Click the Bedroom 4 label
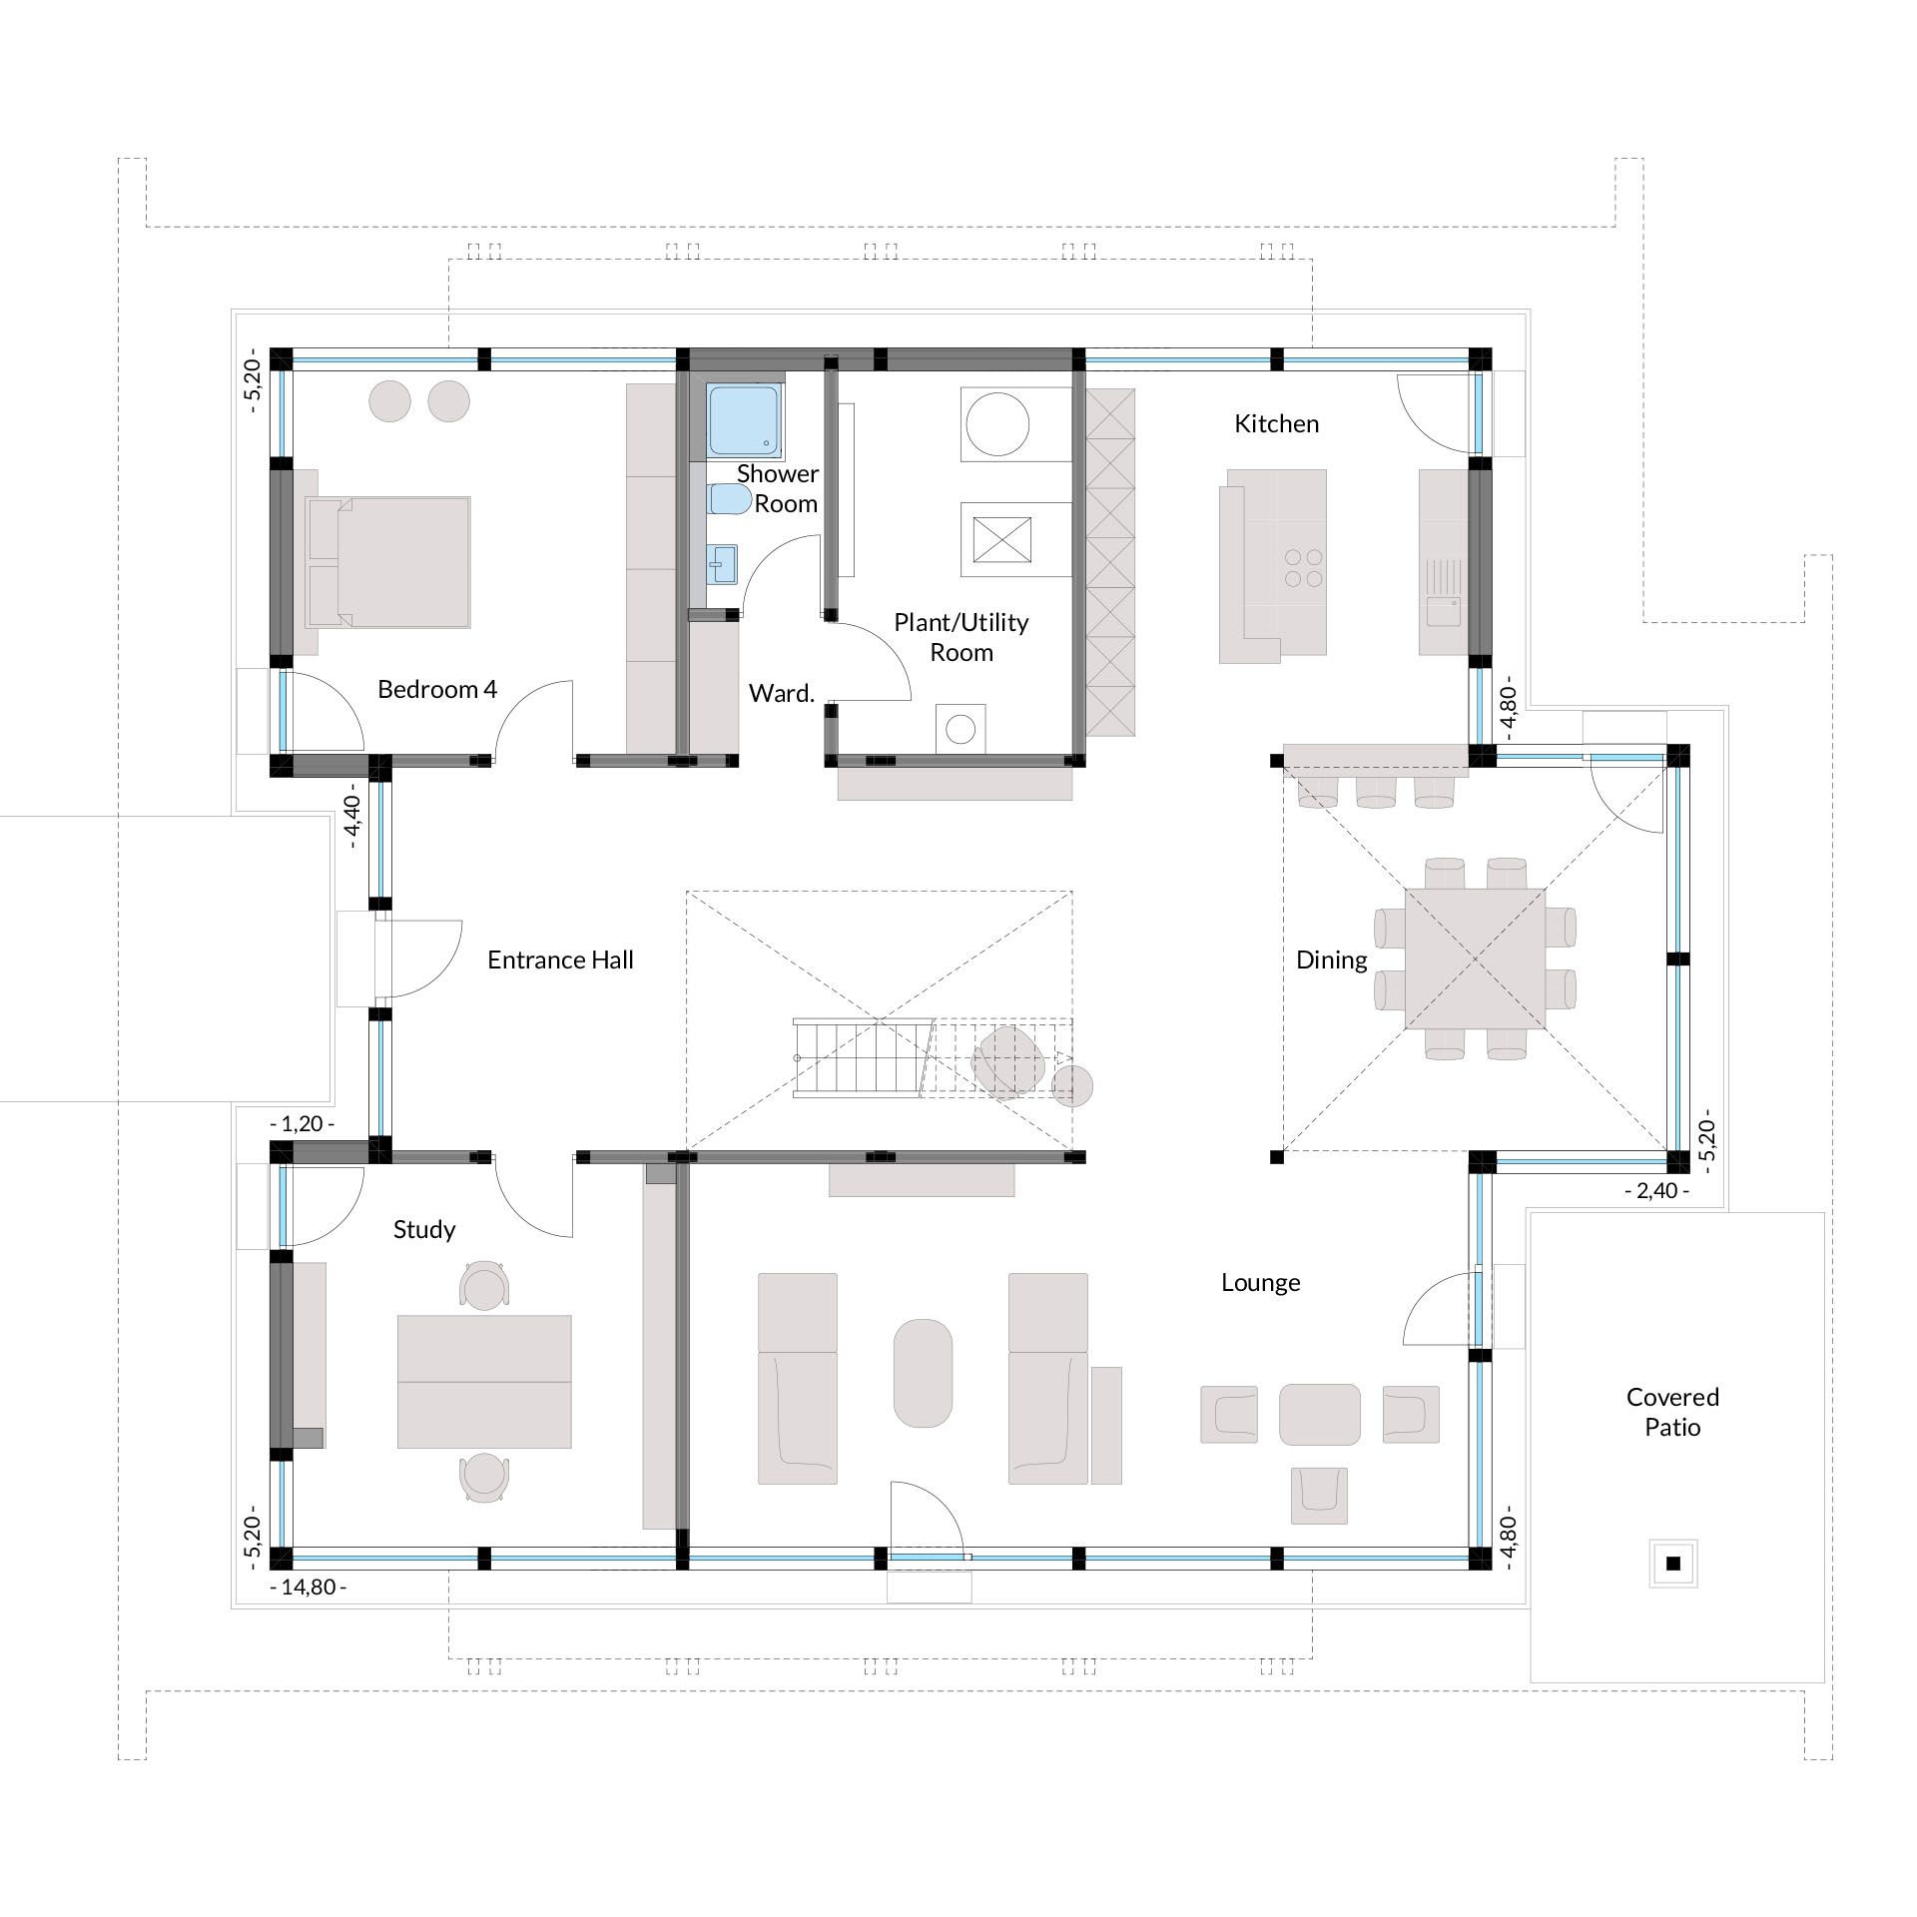(436, 689)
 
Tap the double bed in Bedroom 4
(387, 562)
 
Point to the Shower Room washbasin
(722, 564)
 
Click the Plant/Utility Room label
(960, 637)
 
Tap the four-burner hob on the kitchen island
(1304, 568)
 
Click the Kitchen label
(1276, 423)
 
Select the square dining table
(1475, 958)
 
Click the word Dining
(1331, 960)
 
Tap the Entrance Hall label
(560, 959)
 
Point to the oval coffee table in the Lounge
(923, 1374)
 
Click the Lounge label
(1260, 1283)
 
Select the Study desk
(484, 1381)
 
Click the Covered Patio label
(1672, 1412)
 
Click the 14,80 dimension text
(309, 1587)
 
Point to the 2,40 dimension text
(1657, 1191)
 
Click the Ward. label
(782, 693)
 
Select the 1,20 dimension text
(302, 1123)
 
